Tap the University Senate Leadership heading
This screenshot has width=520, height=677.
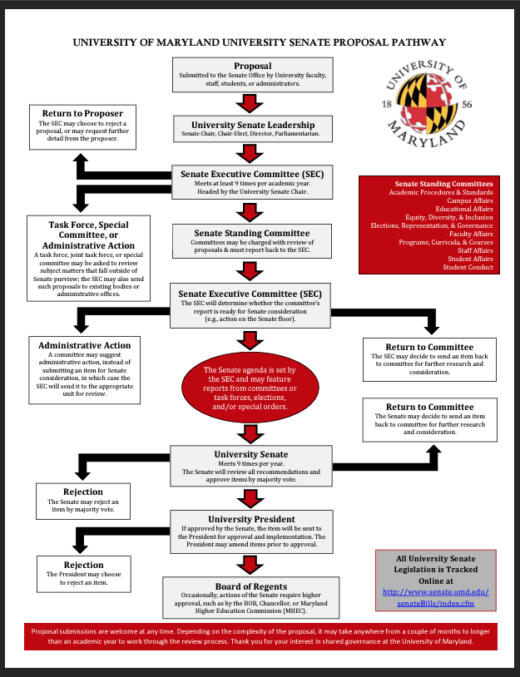[251, 125]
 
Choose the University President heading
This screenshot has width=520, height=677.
[251, 518]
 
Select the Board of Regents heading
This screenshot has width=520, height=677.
[251, 587]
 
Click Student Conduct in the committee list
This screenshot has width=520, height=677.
[468, 267]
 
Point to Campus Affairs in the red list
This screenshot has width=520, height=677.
[469, 201]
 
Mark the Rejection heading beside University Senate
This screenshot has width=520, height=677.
[83, 492]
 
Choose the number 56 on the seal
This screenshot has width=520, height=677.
[468, 105]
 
